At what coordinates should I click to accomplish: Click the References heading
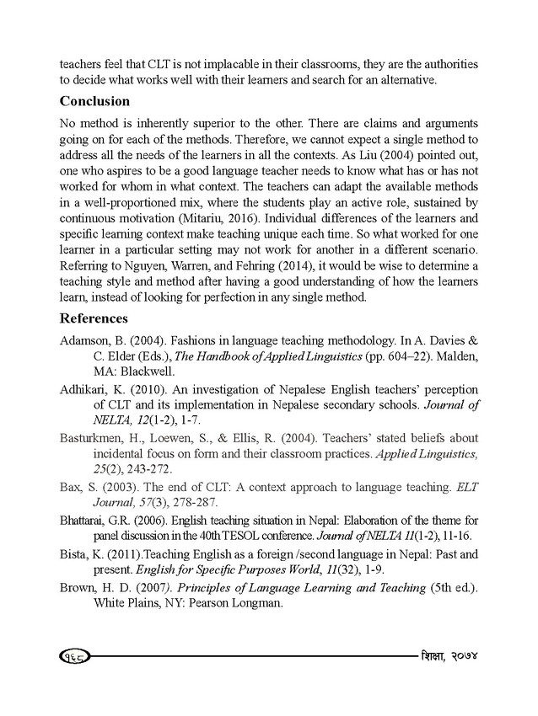pos(94,319)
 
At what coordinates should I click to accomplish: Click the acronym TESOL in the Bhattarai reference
pos(274,533)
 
